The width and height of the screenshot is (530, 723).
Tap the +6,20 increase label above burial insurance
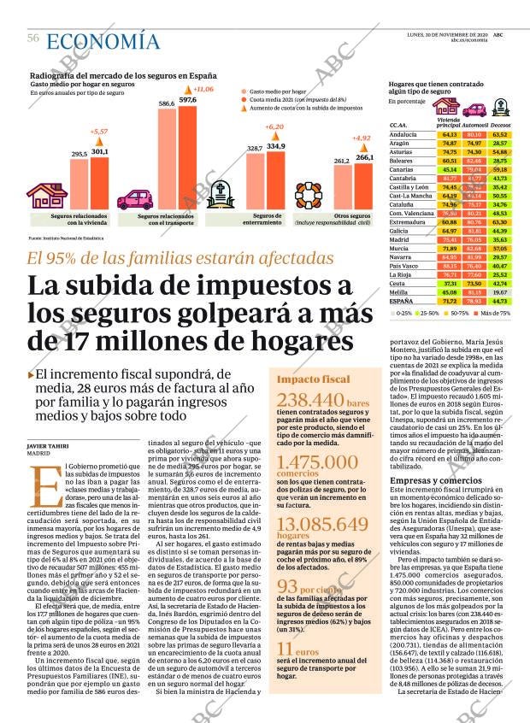274,127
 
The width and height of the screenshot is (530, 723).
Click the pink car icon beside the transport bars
135,200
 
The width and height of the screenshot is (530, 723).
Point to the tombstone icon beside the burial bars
224,194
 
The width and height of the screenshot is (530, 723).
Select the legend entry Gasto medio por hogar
276,89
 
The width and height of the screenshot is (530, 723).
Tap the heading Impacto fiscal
313,379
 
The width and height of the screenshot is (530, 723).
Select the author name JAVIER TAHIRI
48,445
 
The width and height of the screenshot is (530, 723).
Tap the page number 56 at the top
33,38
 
